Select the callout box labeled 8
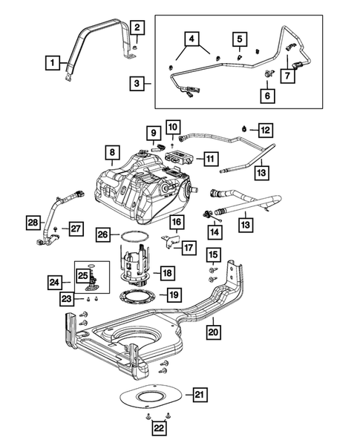(111, 154)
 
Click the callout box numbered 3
(136, 84)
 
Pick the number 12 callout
(265, 130)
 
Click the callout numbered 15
(212, 256)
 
